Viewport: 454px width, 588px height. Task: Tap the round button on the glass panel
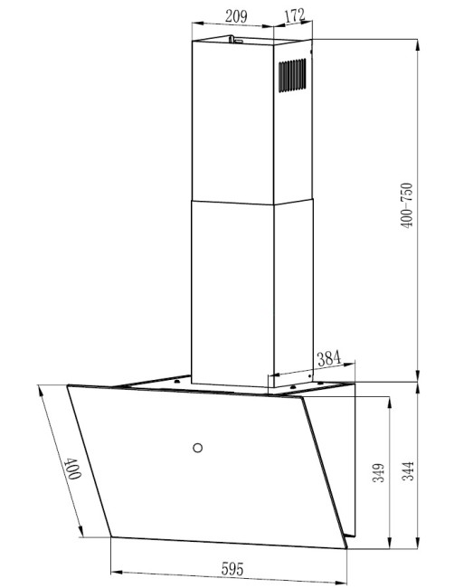[197, 445]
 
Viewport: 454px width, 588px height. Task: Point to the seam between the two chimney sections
[231, 198]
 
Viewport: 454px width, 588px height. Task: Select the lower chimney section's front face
[231, 289]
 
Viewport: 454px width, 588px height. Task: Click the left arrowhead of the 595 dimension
[113, 574]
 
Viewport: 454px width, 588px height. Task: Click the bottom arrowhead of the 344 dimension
[418, 548]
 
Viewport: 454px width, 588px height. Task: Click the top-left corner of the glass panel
[69, 386]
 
